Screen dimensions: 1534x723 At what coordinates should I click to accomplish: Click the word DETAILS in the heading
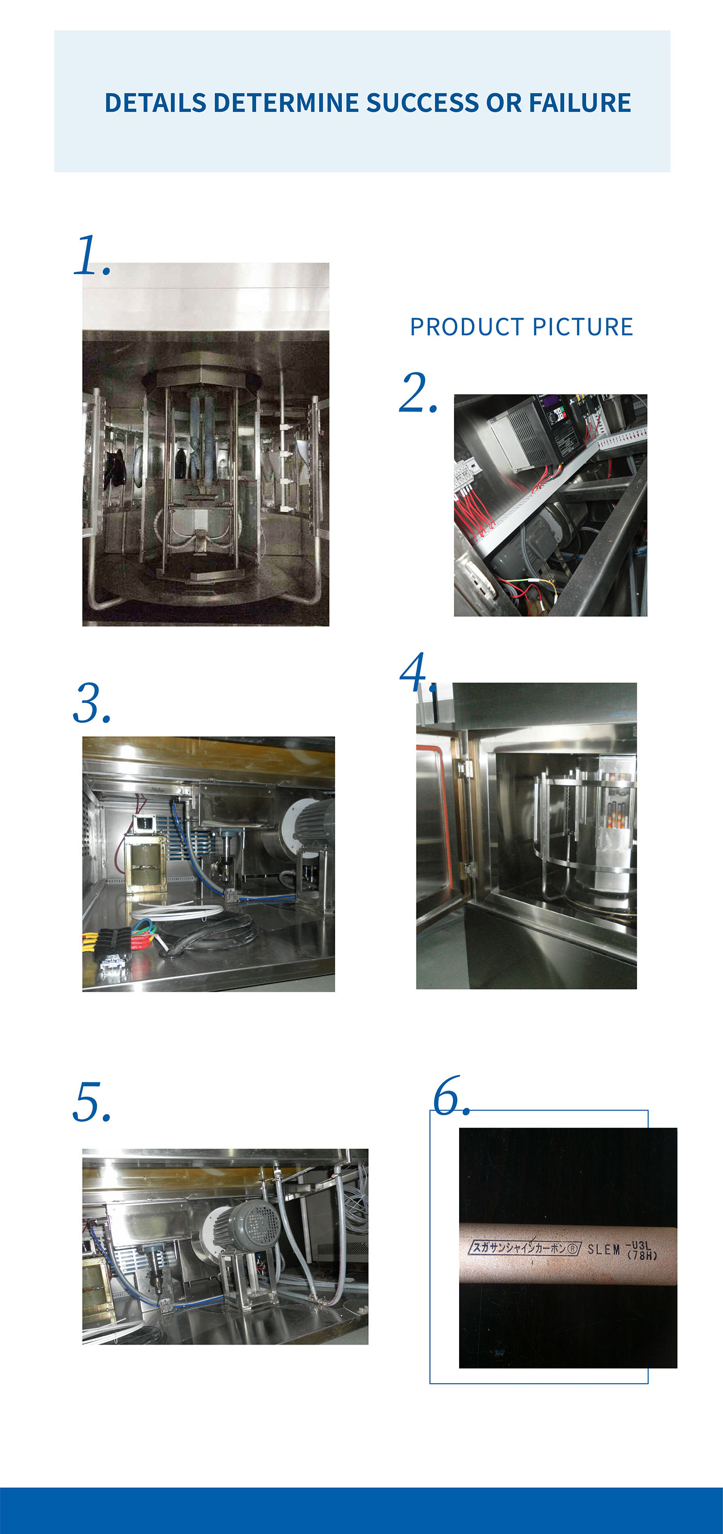pos(155,103)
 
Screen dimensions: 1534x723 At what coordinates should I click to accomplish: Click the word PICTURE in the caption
pos(583,327)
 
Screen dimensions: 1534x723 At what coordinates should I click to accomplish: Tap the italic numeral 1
pos(89,256)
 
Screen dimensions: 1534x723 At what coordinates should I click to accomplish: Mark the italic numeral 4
pos(415,673)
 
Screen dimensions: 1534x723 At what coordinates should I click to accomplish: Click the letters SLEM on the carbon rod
pos(603,1249)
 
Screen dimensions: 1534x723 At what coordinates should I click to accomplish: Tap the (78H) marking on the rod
pos(642,1256)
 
